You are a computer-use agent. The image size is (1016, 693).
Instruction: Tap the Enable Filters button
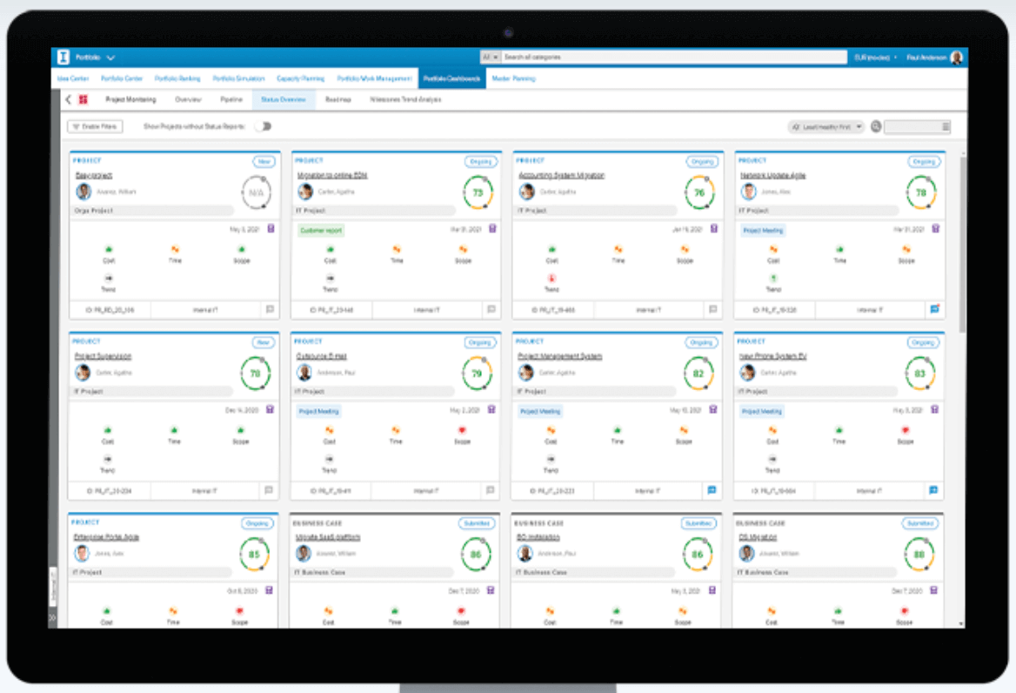[96, 127]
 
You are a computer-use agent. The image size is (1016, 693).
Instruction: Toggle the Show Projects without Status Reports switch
[262, 127]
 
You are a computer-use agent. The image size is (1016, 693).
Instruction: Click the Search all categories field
[674, 57]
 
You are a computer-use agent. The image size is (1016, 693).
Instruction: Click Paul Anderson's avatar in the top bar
[957, 57]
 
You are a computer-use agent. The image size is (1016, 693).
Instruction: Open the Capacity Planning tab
[301, 78]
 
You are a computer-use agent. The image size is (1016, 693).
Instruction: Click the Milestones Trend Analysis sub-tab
[405, 100]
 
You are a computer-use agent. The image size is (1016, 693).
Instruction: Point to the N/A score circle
[255, 192]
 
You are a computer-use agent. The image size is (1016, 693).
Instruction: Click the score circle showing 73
[477, 192]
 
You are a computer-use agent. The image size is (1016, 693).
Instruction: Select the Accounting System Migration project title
[561, 175]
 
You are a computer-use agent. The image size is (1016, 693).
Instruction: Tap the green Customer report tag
[322, 231]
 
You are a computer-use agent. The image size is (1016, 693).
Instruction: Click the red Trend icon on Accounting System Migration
[551, 279]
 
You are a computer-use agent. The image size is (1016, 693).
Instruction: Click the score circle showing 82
[698, 373]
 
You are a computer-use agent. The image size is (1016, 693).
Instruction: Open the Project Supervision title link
[104, 356]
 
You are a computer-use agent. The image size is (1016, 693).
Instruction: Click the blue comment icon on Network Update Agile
[934, 308]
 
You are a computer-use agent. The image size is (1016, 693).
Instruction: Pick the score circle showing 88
[919, 554]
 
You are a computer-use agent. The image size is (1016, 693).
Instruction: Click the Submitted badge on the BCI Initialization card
[698, 523]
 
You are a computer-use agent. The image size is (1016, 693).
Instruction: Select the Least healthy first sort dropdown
[826, 127]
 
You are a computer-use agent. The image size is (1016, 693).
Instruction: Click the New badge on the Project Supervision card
[262, 343]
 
